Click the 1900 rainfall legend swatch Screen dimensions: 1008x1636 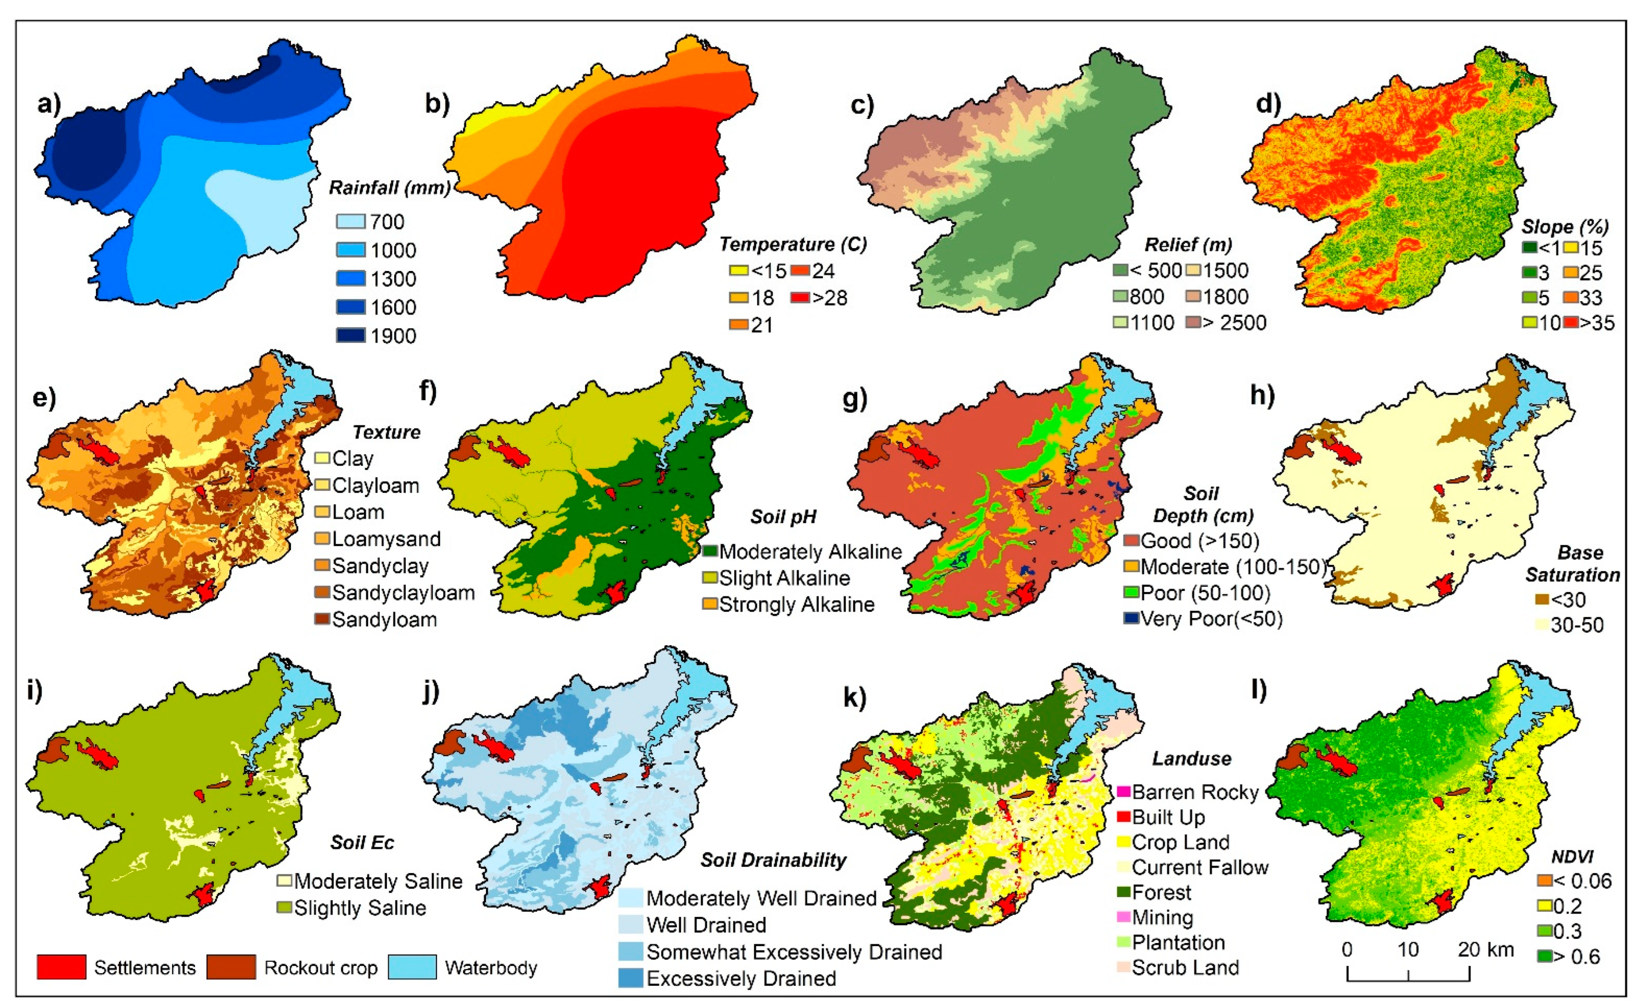pos(350,335)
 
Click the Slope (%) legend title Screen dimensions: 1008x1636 pos(1565,227)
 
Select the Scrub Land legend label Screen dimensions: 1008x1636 pos(1185,967)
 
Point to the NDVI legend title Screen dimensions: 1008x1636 pos(1572,857)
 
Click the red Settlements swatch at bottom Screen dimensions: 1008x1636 pos(61,967)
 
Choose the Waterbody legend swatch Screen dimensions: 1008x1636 pos(412,967)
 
